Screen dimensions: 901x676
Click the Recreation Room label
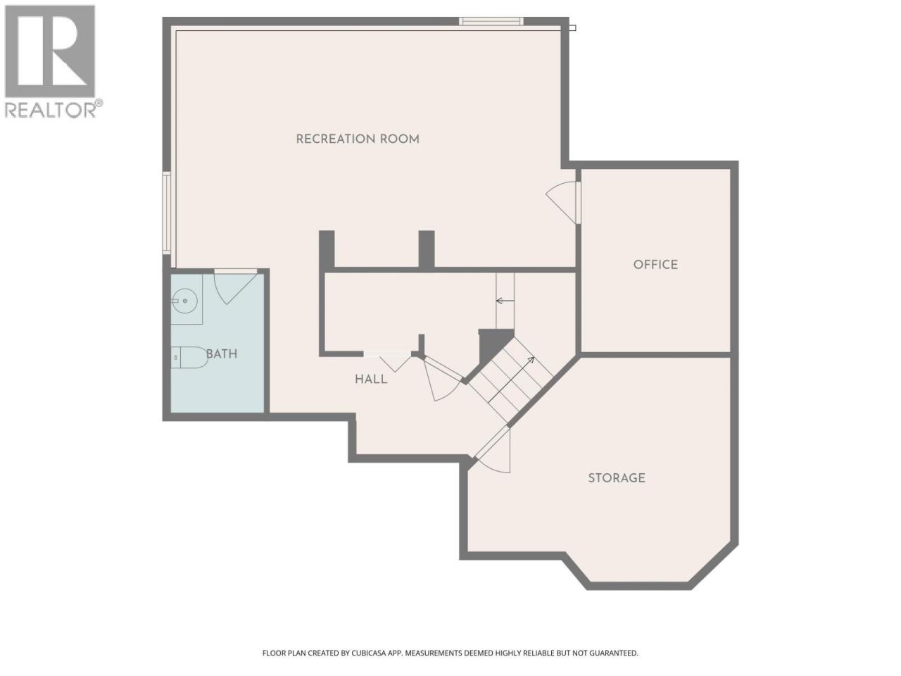358,139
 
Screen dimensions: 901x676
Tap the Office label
655,265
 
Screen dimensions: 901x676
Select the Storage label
617,478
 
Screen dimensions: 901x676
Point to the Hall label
371,380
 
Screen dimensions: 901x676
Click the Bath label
222,353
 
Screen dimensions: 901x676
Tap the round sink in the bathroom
184,301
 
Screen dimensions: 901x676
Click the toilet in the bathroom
189,357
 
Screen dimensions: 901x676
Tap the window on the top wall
491,21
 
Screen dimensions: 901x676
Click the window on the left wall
166,213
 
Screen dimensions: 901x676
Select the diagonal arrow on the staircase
511,380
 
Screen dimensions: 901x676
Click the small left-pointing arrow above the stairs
505,301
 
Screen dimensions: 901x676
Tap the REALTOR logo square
50,51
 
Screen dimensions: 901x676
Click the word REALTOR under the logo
50,110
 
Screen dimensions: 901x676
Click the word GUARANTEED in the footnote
614,653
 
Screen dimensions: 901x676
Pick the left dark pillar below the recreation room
327,250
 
